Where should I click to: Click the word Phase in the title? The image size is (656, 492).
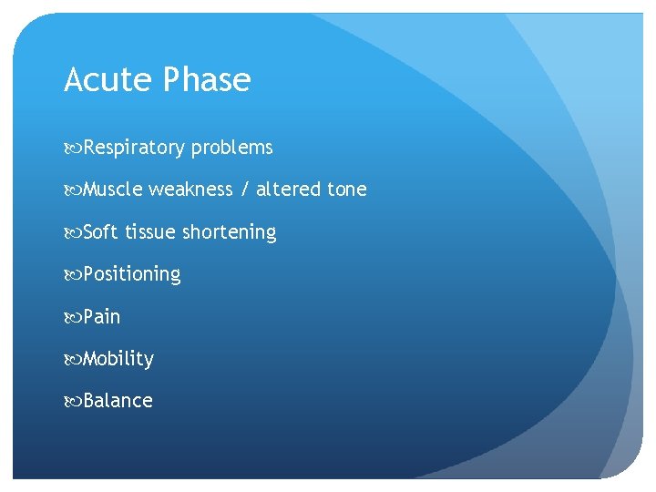(207, 80)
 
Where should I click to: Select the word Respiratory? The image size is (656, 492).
(135, 148)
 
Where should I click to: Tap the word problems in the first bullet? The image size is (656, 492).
(232, 148)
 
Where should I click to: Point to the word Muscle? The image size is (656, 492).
(113, 190)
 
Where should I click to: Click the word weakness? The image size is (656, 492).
(190, 190)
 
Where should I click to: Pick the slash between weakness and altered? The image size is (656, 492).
(244, 190)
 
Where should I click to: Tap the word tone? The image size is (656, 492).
(347, 190)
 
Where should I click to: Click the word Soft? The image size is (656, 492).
(101, 232)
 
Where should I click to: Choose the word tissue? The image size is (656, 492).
(150, 232)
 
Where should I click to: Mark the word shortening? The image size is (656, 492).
(230, 232)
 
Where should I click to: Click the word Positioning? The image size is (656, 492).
(132, 274)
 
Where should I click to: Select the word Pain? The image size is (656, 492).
(102, 317)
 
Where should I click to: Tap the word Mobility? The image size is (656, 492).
(118, 359)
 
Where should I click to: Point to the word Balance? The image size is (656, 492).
(118, 401)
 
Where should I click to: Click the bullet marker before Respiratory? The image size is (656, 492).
(73, 149)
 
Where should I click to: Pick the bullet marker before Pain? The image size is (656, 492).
(73, 318)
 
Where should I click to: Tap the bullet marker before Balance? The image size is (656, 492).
(73, 402)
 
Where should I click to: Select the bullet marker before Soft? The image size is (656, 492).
(73, 233)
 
